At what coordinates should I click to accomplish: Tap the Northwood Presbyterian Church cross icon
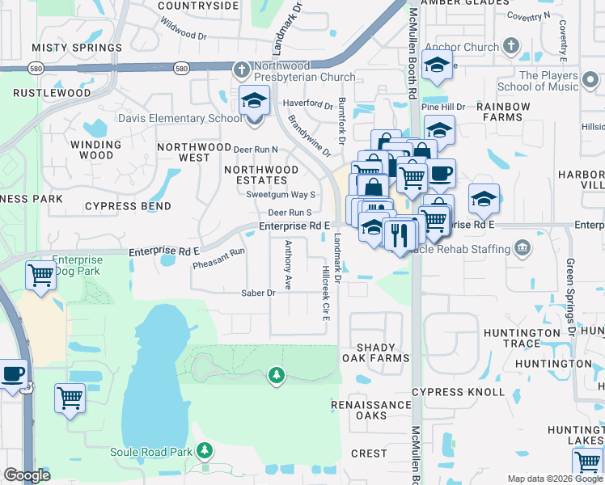click(241, 68)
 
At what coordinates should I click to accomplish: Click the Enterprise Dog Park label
click(78, 266)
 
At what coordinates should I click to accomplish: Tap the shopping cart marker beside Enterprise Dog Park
click(40, 276)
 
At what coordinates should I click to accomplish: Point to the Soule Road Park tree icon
click(205, 449)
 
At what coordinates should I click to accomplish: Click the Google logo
click(27, 475)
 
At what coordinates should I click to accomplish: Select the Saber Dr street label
click(260, 293)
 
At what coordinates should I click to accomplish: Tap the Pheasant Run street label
click(218, 258)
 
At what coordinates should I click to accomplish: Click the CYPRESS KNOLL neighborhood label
click(458, 392)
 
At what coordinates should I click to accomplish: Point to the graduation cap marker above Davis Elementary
click(254, 101)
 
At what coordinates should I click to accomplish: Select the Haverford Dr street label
click(307, 104)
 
